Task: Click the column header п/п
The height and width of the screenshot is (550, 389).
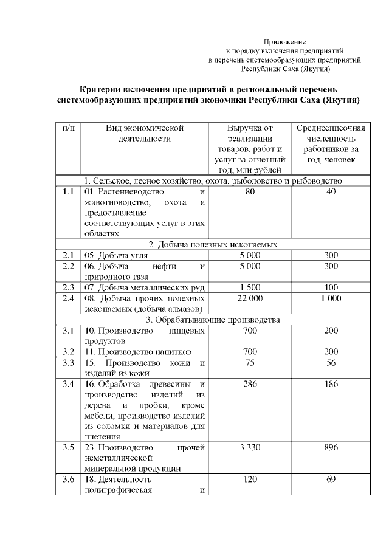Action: pos(68,128)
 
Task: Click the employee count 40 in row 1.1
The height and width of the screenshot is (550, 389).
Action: pos(331,191)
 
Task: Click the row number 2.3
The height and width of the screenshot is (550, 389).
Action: pos(68,287)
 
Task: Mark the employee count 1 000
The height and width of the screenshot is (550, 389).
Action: pos(331,298)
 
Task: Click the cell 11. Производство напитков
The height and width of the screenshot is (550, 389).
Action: pos(139,352)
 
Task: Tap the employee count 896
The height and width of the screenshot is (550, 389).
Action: pos(331,448)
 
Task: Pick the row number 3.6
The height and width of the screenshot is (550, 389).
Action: pos(68,480)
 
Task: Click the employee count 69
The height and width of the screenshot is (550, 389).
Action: pos(331,480)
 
